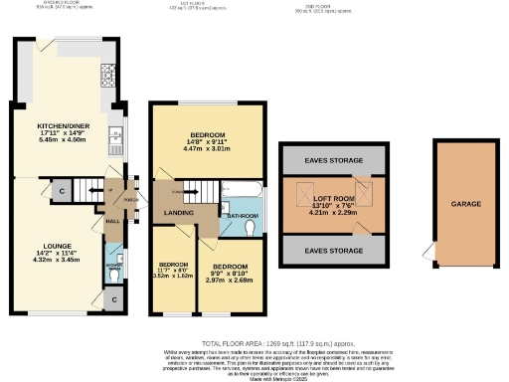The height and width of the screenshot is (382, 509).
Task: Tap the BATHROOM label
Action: (242, 215)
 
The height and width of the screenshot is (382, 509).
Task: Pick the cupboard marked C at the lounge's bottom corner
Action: (114, 298)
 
